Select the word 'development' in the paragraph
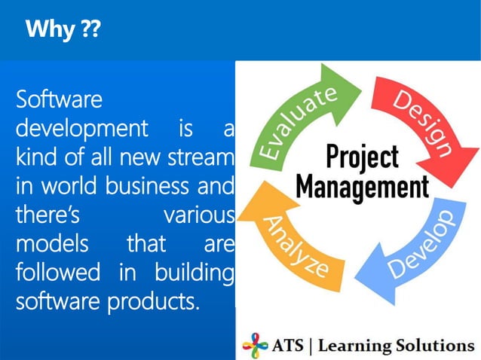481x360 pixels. [81, 129]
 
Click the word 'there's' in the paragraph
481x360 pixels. [46, 216]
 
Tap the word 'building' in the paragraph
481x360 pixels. [195, 274]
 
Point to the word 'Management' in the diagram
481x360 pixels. [362, 185]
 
